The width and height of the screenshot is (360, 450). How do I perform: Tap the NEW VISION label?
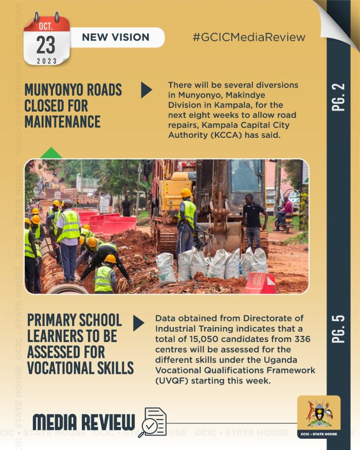pos(116,37)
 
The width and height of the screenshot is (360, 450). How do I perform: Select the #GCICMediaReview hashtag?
pos(249,37)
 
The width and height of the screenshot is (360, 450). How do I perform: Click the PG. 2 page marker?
pos(339,98)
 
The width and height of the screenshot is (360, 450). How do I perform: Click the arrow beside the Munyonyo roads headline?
pos(147,89)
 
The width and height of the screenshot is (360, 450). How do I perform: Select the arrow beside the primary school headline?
pos(139,323)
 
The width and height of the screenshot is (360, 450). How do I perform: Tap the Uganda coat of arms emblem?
pos(319,413)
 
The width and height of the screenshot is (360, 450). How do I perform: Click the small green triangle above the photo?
pos(51,153)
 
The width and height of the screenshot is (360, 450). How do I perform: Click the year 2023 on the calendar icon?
pos(46,61)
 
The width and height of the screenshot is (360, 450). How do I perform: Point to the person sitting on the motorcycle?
pos(285,211)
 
